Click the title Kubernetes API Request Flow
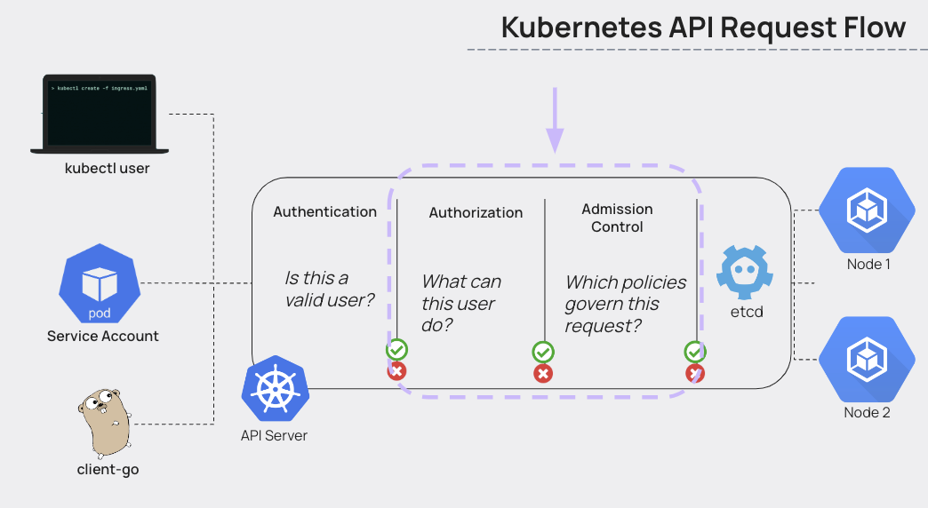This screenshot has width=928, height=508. [702, 27]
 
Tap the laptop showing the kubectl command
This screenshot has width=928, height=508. [100, 114]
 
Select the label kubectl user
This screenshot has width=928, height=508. [107, 168]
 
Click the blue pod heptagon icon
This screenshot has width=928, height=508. [100, 284]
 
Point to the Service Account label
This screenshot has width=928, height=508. [103, 336]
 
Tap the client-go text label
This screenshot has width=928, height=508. [108, 469]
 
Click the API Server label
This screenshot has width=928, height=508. [275, 435]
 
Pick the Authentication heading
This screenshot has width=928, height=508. [324, 211]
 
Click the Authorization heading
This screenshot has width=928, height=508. [476, 212]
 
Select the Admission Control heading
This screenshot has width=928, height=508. [617, 218]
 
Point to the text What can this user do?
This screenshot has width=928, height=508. [461, 303]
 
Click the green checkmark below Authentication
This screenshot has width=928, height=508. [396, 350]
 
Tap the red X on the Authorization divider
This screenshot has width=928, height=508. [542, 373]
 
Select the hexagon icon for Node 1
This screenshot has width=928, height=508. [865, 211]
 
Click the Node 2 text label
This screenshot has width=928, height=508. [867, 412]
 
